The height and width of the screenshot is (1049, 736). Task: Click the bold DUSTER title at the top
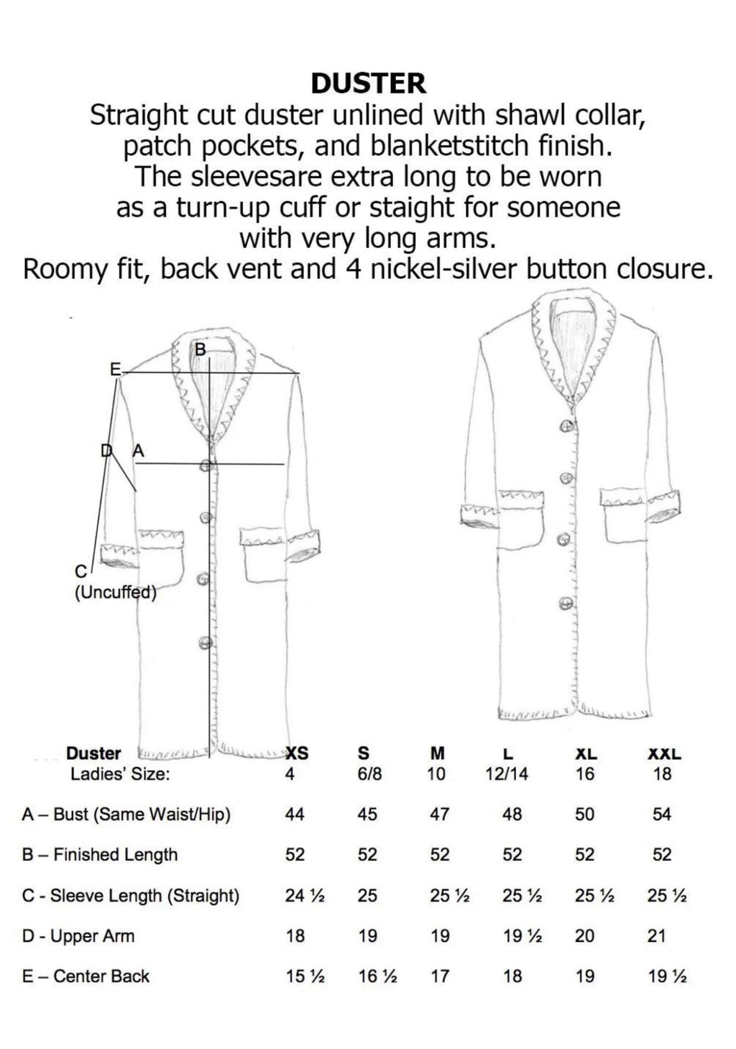(368, 83)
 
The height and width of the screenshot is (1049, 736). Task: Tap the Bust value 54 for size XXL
(661, 814)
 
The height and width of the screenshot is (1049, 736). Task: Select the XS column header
(297, 753)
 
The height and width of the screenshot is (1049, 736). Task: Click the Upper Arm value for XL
(584, 935)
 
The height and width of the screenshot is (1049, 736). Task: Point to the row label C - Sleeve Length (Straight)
(131, 896)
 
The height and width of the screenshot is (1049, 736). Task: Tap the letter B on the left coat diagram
(201, 349)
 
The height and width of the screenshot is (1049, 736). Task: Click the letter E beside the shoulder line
(114, 369)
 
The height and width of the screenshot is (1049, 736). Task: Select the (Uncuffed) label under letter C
(116, 593)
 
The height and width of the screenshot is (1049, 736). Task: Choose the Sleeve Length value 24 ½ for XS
(305, 896)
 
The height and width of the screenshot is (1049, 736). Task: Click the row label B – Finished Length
(100, 855)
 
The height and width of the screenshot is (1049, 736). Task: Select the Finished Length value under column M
(439, 855)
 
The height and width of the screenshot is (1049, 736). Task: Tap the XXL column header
(664, 753)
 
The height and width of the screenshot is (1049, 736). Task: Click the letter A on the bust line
(139, 450)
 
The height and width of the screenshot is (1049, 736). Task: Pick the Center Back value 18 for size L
(512, 976)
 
